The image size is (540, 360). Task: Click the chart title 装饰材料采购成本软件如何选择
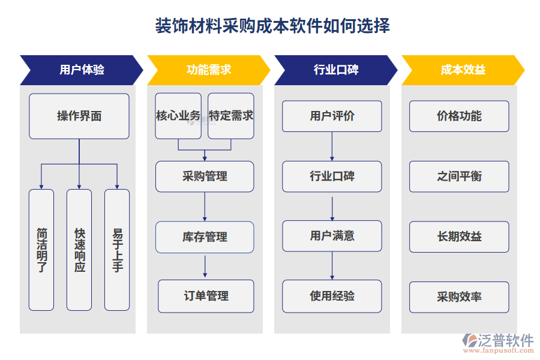272,26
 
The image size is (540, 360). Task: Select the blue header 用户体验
82,70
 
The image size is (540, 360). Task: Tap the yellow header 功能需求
208,70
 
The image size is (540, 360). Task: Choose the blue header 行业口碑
335,70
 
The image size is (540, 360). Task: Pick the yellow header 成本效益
463,70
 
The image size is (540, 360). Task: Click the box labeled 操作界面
79,116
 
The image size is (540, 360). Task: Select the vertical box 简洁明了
41,250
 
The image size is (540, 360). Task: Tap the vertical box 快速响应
79,250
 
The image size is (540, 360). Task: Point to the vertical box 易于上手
117,250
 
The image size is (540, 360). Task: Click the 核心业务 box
178,116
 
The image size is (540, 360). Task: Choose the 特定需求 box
231,116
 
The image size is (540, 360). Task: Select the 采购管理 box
205,176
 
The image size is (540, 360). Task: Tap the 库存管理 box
205,237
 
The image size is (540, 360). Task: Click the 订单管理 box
206,296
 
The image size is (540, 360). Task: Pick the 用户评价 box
332,116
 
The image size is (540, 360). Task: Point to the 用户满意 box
332,236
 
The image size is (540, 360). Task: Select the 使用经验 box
332,296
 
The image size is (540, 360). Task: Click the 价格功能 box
459,116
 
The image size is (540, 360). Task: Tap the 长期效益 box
459,236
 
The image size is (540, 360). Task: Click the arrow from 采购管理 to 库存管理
205,206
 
